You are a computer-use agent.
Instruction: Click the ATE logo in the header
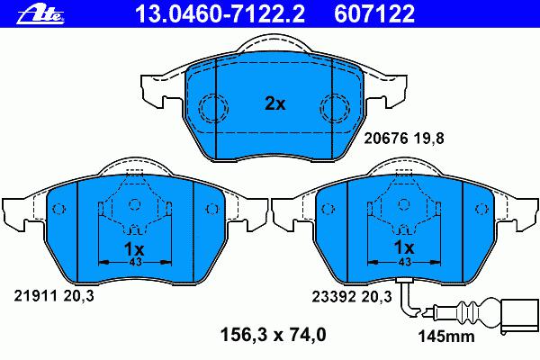40,14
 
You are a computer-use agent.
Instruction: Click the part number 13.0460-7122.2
220,13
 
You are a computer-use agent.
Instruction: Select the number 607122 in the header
374,13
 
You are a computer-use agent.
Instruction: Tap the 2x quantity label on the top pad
274,103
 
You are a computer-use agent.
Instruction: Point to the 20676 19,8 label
404,139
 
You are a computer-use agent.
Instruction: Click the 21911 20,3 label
54,296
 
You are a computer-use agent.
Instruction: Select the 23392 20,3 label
352,296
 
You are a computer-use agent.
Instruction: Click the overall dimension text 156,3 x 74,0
273,335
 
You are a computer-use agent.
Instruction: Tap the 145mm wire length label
446,337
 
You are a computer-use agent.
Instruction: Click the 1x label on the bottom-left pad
134,248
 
